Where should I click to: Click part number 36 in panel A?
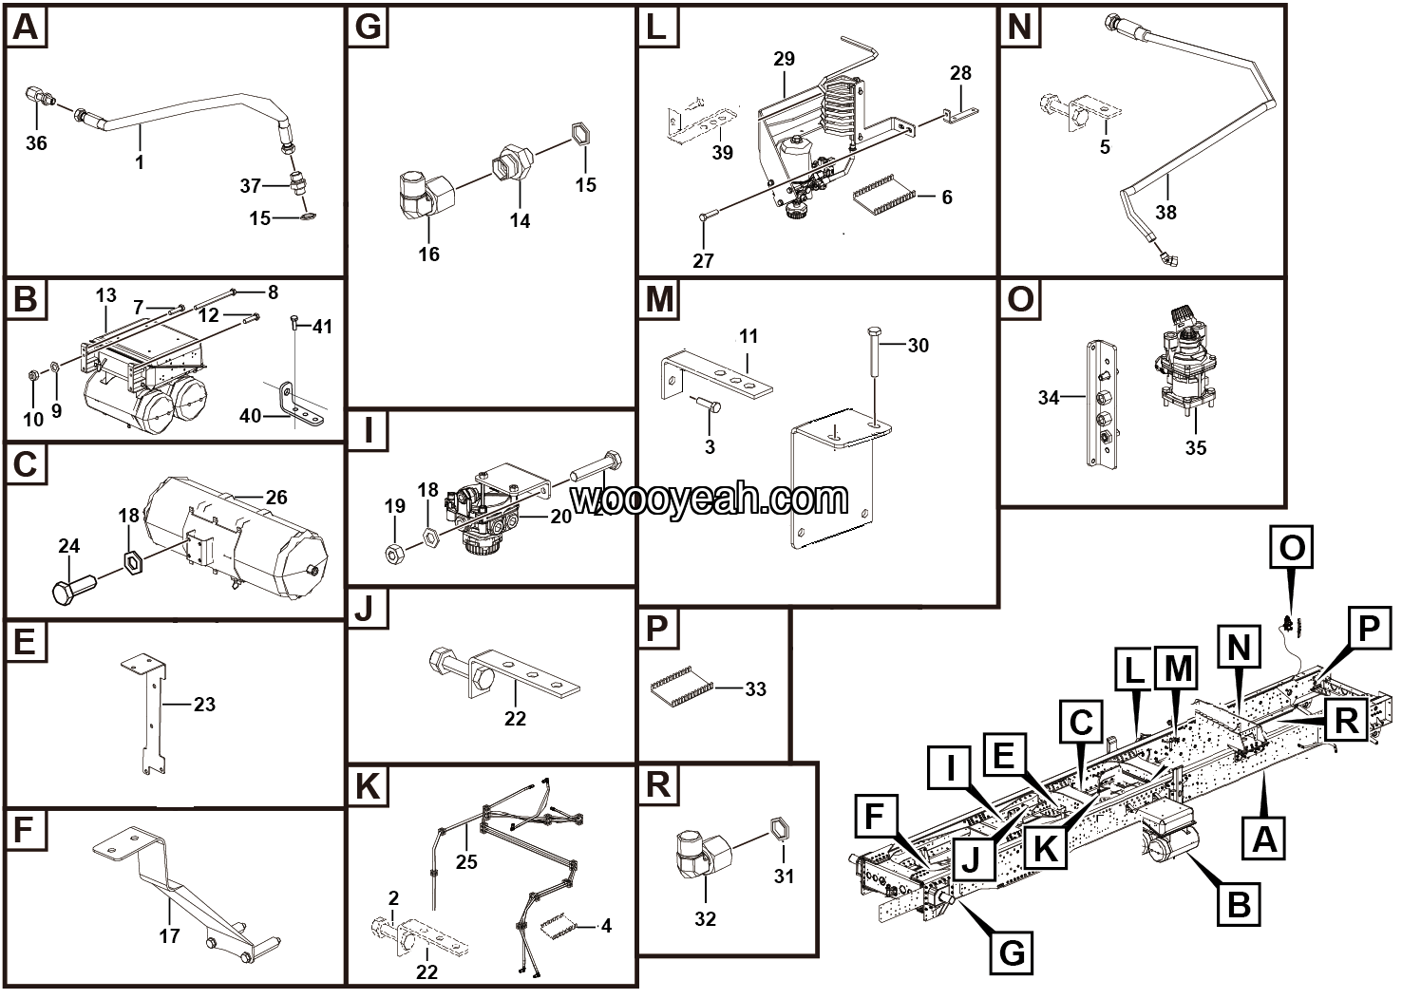[36, 143]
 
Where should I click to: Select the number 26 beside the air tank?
[275, 498]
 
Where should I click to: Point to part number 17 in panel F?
[169, 936]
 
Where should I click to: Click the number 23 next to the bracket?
[204, 705]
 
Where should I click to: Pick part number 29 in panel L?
[784, 59]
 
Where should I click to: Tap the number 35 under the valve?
[1195, 447]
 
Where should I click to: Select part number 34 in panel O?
[1048, 398]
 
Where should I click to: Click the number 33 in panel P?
[755, 688]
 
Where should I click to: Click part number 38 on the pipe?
[1165, 212]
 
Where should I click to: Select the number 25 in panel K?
[465, 861]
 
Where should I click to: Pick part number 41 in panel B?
[322, 327]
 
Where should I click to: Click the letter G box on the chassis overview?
[1013, 951]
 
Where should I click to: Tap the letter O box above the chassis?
[1292, 549]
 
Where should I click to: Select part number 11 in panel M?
[748, 336]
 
